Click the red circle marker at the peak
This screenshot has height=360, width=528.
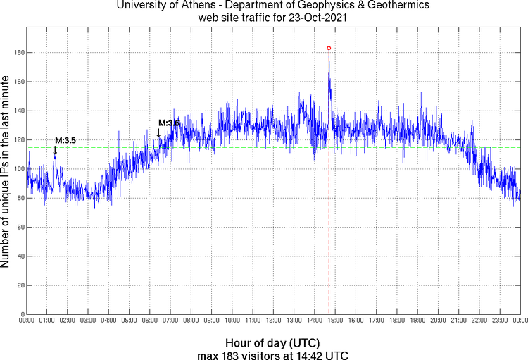pyautogui.click(x=329, y=48)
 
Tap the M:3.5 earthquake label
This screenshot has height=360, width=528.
pyautogui.click(x=65, y=140)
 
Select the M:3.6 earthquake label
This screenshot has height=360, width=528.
pyautogui.click(x=169, y=123)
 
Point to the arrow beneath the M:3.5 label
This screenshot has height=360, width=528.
pyautogui.click(x=55, y=149)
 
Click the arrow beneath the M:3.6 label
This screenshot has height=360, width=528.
pyautogui.click(x=158, y=132)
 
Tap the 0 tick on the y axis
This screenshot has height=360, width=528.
pyautogui.click(x=22, y=314)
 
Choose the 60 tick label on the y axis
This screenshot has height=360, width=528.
pyautogui.click(x=20, y=228)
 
